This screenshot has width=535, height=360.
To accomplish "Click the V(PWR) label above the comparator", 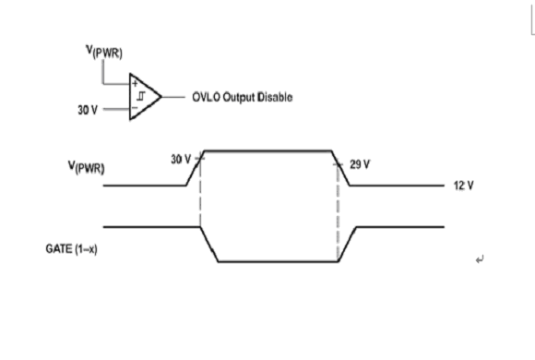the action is point(103,52).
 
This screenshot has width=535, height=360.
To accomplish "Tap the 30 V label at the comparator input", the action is point(88,110).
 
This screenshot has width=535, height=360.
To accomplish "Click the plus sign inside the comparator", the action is point(135,83).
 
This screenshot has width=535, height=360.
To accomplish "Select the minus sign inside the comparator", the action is point(135,108).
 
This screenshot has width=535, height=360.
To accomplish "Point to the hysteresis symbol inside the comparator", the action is point(141,96).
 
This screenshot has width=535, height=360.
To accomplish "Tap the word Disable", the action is point(275,97).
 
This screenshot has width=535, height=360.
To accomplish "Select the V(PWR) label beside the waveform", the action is point(87,167).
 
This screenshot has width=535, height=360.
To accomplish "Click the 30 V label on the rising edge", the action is point(181,159).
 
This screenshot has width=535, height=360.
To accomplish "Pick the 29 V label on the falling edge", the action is point(360,164).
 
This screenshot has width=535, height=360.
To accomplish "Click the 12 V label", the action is point(463,186).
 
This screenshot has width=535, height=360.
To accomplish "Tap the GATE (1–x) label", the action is point(71,249).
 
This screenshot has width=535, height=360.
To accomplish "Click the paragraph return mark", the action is point(480,260).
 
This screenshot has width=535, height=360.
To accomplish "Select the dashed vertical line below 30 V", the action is point(200,193).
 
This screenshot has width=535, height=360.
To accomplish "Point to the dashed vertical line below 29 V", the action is point(338,212).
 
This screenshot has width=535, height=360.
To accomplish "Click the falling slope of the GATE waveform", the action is point(209,245).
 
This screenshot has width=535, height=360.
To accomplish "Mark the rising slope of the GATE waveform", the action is point(347,245).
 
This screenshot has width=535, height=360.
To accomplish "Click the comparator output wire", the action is point(173,97).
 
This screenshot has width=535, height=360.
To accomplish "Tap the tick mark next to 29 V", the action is point(338,165).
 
